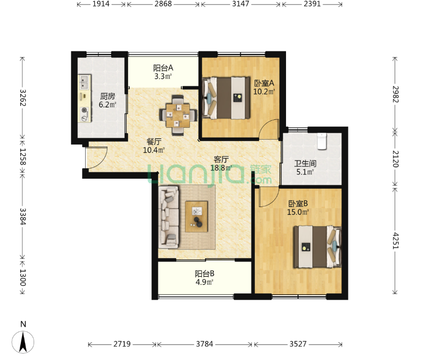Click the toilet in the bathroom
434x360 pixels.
(322, 141)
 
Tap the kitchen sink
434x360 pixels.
(84, 82)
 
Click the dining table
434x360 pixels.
(178, 115)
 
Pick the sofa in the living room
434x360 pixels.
(169, 217)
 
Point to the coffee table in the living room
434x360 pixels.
(196, 216)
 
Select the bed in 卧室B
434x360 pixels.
(317, 247)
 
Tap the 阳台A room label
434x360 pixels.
(163, 68)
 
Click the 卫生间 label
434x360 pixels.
(305, 163)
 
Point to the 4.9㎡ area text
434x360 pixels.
(204, 282)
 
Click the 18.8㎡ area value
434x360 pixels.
(221, 168)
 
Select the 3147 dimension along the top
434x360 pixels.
(241, 4)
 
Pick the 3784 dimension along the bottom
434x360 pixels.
(204, 344)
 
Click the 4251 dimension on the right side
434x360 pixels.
(395, 241)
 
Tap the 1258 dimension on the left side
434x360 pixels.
(22, 157)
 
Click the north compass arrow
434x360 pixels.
(23, 342)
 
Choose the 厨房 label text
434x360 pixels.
(107, 97)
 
